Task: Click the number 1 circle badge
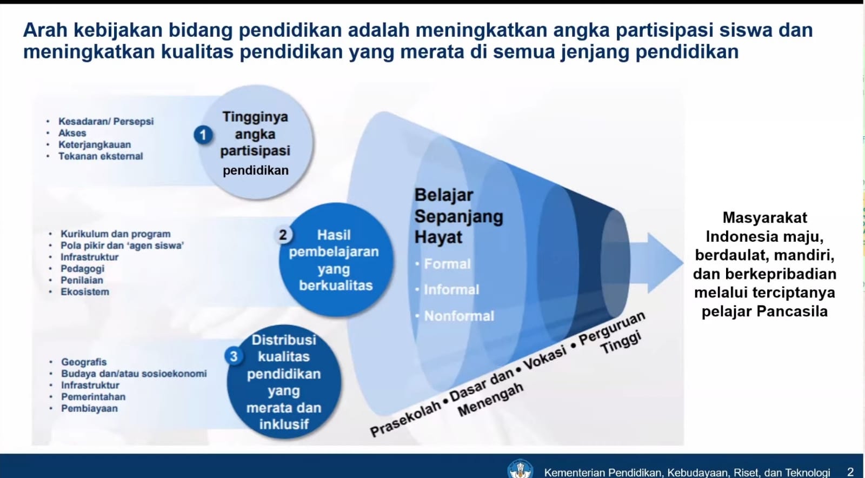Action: [203, 135]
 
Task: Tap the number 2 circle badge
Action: [283, 235]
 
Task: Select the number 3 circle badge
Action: [234, 356]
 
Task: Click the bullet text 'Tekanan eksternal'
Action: [101, 156]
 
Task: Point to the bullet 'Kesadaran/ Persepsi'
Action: [106, 122]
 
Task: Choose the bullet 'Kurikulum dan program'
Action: [115, 234]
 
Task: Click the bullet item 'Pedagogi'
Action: [82, 269]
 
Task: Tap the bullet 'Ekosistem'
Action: [84, 292]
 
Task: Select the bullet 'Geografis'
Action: [84, 362]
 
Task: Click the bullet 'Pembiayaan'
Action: [89, 409]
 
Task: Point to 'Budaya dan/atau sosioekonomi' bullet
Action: [134, 374]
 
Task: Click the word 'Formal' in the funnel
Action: [447, 264]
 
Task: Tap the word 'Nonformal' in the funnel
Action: [458, 316]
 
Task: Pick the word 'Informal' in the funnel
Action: [451, 290]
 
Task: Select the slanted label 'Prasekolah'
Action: [404, 419]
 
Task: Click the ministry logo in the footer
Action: [520, 469]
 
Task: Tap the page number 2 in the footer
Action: [850, 472]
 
